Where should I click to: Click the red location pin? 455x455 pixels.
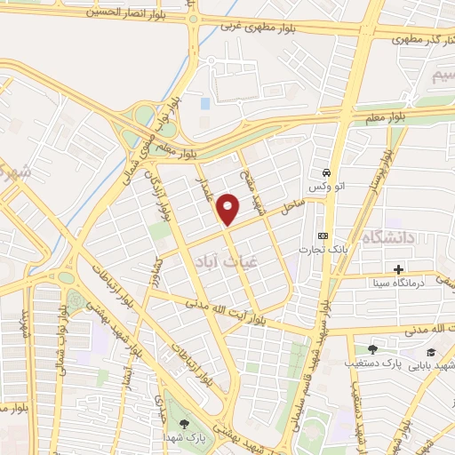click(x=229, y=209)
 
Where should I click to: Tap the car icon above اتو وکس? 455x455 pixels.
click(x=327, y=172)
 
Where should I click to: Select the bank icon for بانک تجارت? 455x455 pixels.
click(x=323, y=235)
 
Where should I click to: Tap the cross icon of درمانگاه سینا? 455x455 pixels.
click(x=398, y=268)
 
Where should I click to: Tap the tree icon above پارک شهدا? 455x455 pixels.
click(x=184, y=425)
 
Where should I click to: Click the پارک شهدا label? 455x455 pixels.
click(x=184, y=439)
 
